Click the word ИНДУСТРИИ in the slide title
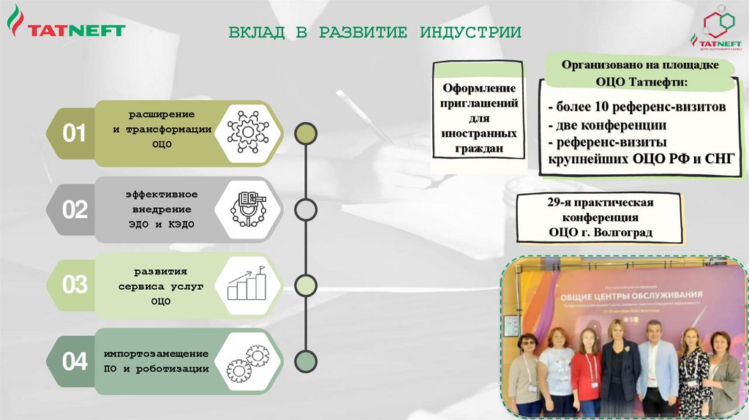(470, 32)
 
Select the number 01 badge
(75, 134)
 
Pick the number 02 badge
(75, 211)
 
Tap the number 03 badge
(75, 285)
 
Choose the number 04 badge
(75, 361)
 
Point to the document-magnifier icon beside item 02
(249, 209)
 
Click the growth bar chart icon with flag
(248, 284)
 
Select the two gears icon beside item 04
(248, 361)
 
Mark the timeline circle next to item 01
(305, 133)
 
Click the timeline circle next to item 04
(305, 361)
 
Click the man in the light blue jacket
(655, 366)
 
